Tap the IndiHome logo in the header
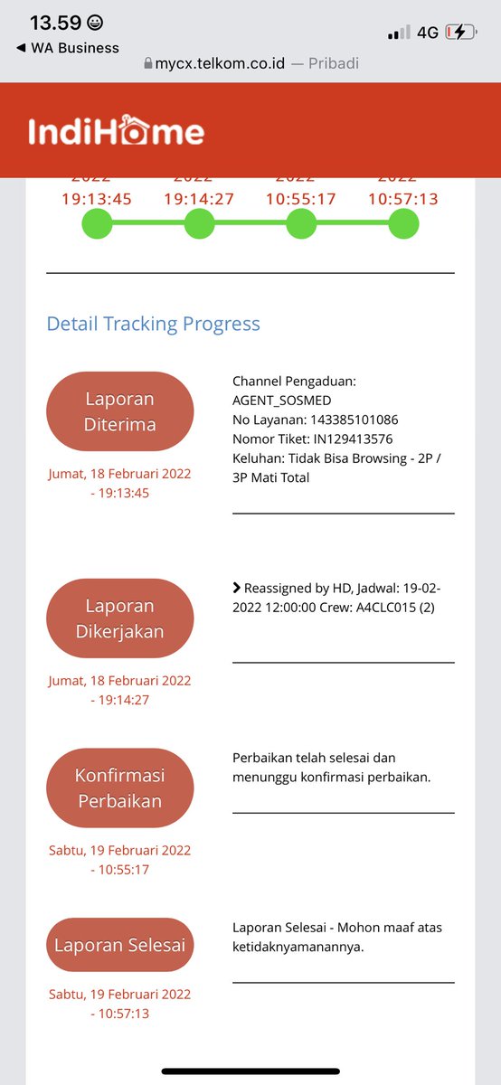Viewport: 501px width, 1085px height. [116, 132]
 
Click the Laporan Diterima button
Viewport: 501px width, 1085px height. [120, 411]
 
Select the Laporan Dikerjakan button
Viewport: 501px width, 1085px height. [120, 618]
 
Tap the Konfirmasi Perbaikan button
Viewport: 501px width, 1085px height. [120, 788]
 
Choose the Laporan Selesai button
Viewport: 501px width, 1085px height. [120, 946]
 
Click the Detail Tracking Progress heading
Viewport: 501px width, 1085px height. [154, 324]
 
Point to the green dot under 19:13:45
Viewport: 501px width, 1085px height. [97, 224]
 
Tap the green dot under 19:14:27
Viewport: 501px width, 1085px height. [199, 224]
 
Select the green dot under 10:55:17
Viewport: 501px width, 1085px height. [301, 224]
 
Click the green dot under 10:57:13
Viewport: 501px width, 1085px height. [403, 224]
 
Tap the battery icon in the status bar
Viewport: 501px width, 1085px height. [460, 33]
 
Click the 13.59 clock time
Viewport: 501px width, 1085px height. [55, 23]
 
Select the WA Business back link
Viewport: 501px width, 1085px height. [68, 48]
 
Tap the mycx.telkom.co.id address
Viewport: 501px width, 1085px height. [218, 63]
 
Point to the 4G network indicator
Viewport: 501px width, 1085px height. [428, 33]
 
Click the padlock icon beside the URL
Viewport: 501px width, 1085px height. [148, 64]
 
